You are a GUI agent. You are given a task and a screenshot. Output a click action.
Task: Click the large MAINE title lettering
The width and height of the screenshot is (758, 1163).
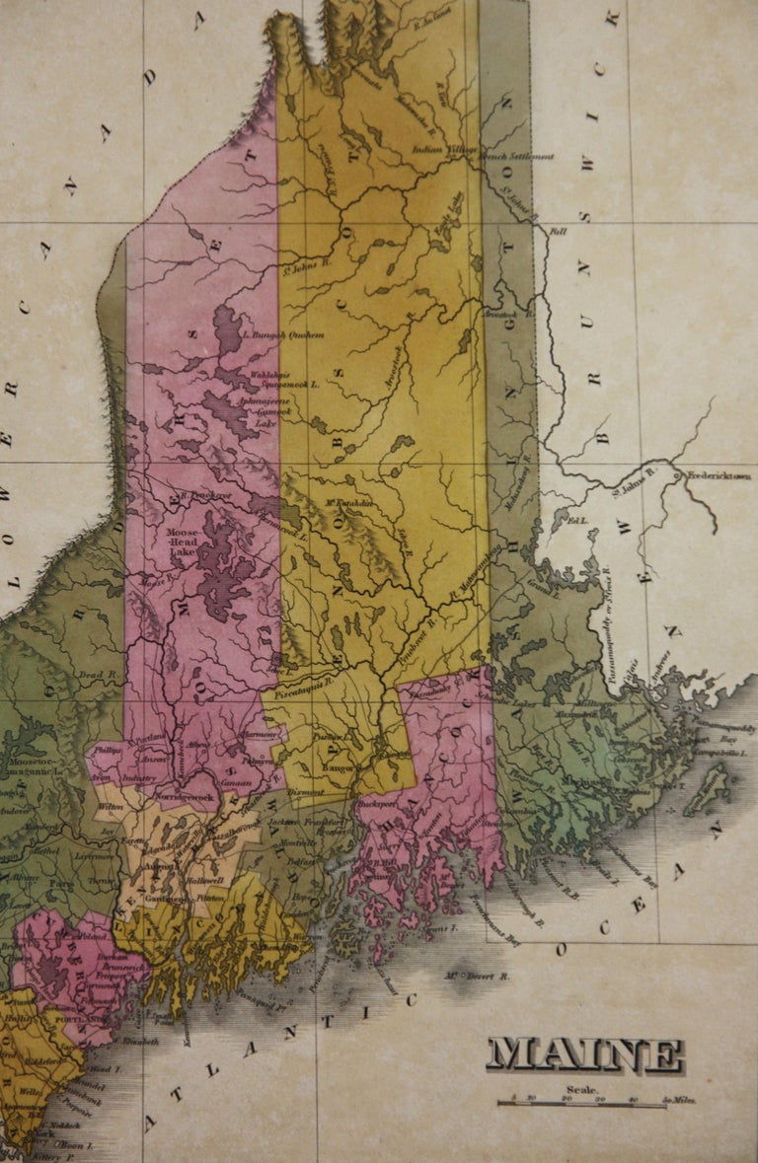pos(584,1055)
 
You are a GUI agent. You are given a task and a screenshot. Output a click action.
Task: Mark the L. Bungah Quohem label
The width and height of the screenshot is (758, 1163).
pos(283,335)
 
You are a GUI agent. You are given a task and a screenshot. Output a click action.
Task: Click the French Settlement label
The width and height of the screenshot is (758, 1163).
pos(516,156)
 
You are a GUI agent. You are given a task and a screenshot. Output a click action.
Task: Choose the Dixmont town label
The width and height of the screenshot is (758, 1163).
pos(302,791)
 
